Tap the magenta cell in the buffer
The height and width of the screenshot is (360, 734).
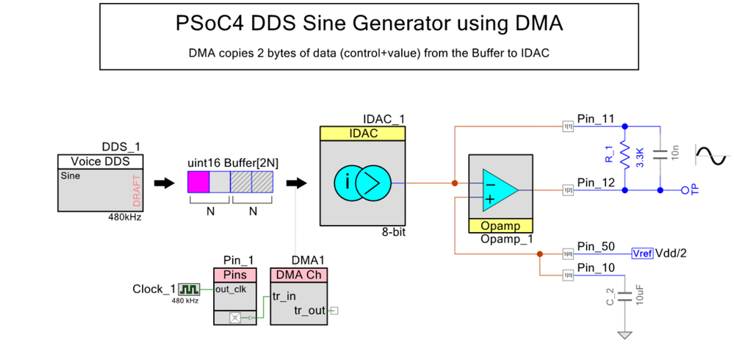(200, 181)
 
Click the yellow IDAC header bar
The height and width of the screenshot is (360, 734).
(363, 134)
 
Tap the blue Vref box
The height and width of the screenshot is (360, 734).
(641, 253)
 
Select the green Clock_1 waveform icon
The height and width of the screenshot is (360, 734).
(189, 289)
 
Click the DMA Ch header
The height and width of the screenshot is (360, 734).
(299, 275)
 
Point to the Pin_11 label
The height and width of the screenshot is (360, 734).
(596, 119)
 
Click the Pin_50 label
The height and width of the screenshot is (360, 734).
(596, 246)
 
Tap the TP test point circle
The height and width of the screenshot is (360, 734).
(686, 190)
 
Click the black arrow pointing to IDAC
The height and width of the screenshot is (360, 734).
(296, 182)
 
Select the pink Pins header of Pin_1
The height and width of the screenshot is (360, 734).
(235, 275)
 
